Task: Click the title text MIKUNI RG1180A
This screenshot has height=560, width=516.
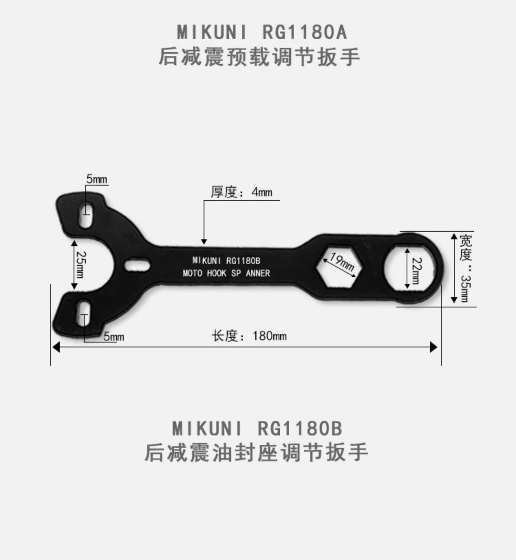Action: [262, 32]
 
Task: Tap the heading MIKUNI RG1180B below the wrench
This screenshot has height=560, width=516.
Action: [257, 429]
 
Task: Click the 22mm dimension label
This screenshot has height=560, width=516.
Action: [417, 271]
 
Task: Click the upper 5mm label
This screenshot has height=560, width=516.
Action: [96, 179]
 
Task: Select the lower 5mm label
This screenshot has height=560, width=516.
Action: [114, 336]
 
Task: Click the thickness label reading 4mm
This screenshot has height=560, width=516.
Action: [241, 192]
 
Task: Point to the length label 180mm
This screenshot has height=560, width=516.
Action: [249, 336]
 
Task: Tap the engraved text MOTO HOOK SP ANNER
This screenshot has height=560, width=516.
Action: [226, 273]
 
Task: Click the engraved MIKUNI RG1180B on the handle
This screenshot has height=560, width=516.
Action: [226, 261]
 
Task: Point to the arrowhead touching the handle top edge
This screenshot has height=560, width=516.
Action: [204, 242]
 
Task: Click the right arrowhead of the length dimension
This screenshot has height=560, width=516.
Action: [433, 347]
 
